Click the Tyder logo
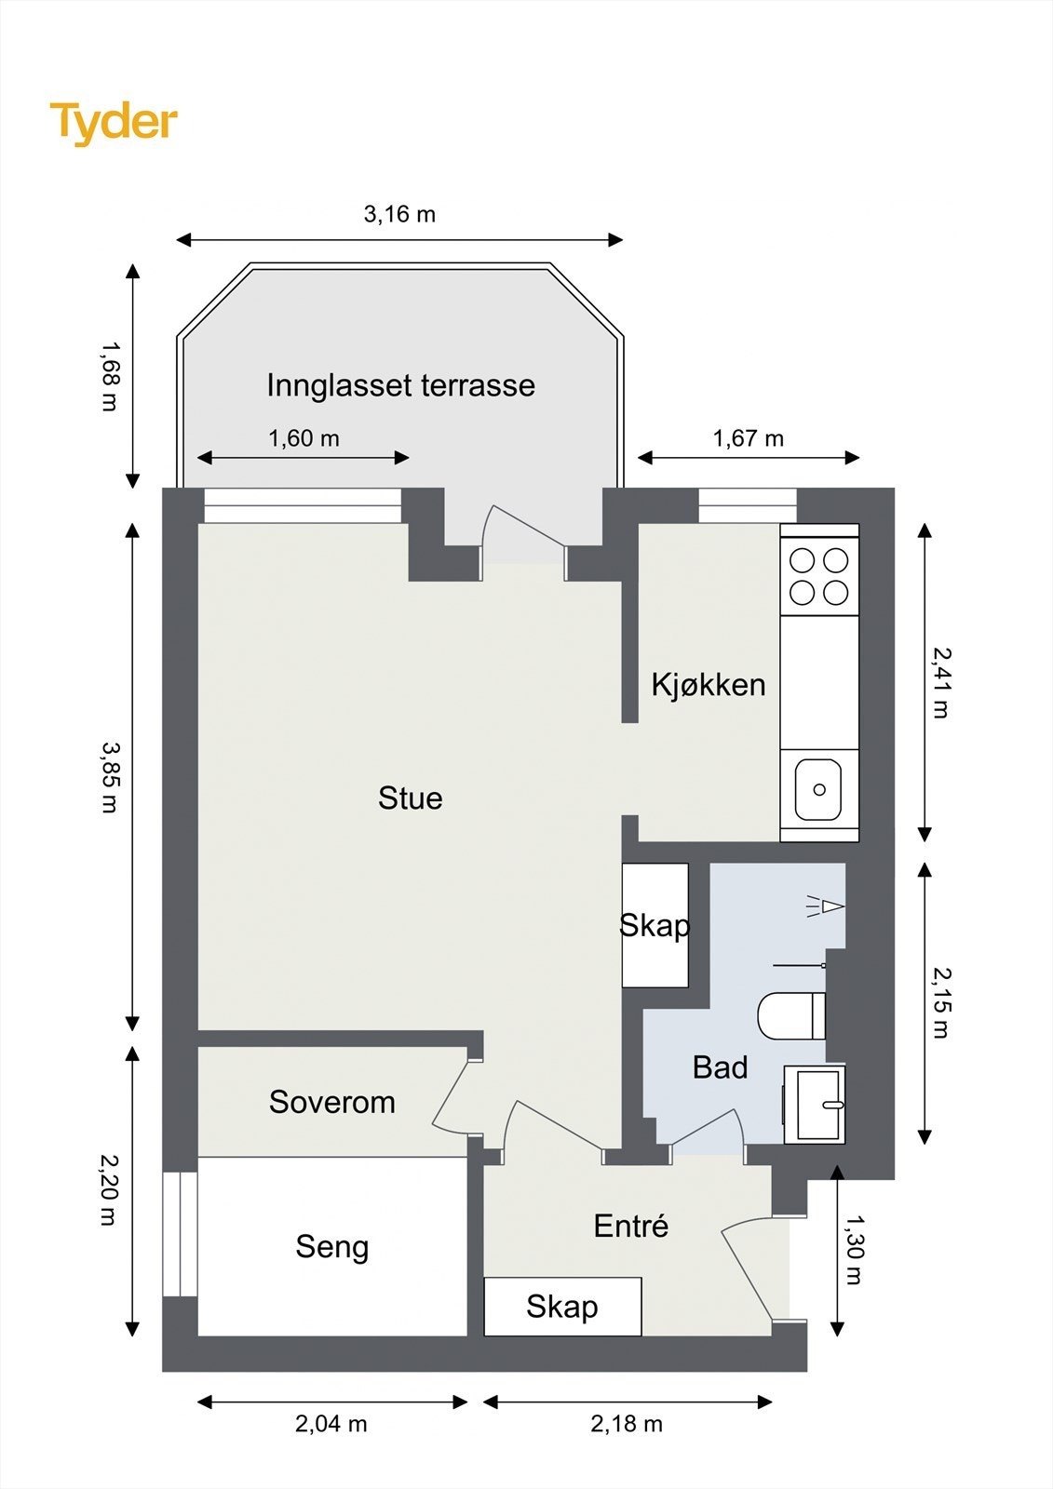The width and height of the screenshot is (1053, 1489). [114, 124]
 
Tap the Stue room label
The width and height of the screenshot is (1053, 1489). [411, 798]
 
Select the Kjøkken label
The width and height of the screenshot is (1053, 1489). [709, 685]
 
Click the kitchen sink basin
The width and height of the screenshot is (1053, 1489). [818, 790]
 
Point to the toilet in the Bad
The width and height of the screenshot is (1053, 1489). [791, 1015]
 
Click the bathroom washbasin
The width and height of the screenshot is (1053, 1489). [815, 1105]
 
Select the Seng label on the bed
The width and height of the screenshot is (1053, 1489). [332, 1248]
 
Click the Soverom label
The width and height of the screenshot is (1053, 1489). [332, 1102]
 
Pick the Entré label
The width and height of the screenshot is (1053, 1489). [630, 1227]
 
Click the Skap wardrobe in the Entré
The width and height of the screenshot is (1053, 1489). [562, 1307]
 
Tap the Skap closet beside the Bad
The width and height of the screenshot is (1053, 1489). [655, 925]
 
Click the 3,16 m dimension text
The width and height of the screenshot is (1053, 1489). [399, 215]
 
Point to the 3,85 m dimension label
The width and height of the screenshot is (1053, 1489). [108, 777]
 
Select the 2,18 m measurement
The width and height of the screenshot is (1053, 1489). [627, 1424]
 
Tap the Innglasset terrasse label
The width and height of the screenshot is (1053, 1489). [401, 385]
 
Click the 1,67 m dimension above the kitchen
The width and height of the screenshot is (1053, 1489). [749, 438]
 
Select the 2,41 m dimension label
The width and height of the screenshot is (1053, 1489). [942, 683]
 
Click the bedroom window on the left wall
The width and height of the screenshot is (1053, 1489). [181, 1234]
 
